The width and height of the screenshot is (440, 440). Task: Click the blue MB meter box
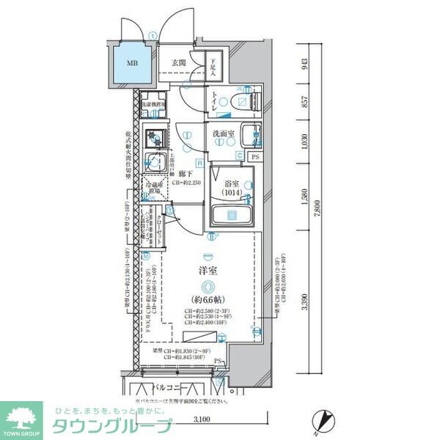click(x=132, y=65)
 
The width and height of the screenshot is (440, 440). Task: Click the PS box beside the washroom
click(x=255, y=156)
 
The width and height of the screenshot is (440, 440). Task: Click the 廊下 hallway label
click(x=185, y=173)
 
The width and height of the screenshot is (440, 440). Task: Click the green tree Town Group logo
click(x=21, y=418)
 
